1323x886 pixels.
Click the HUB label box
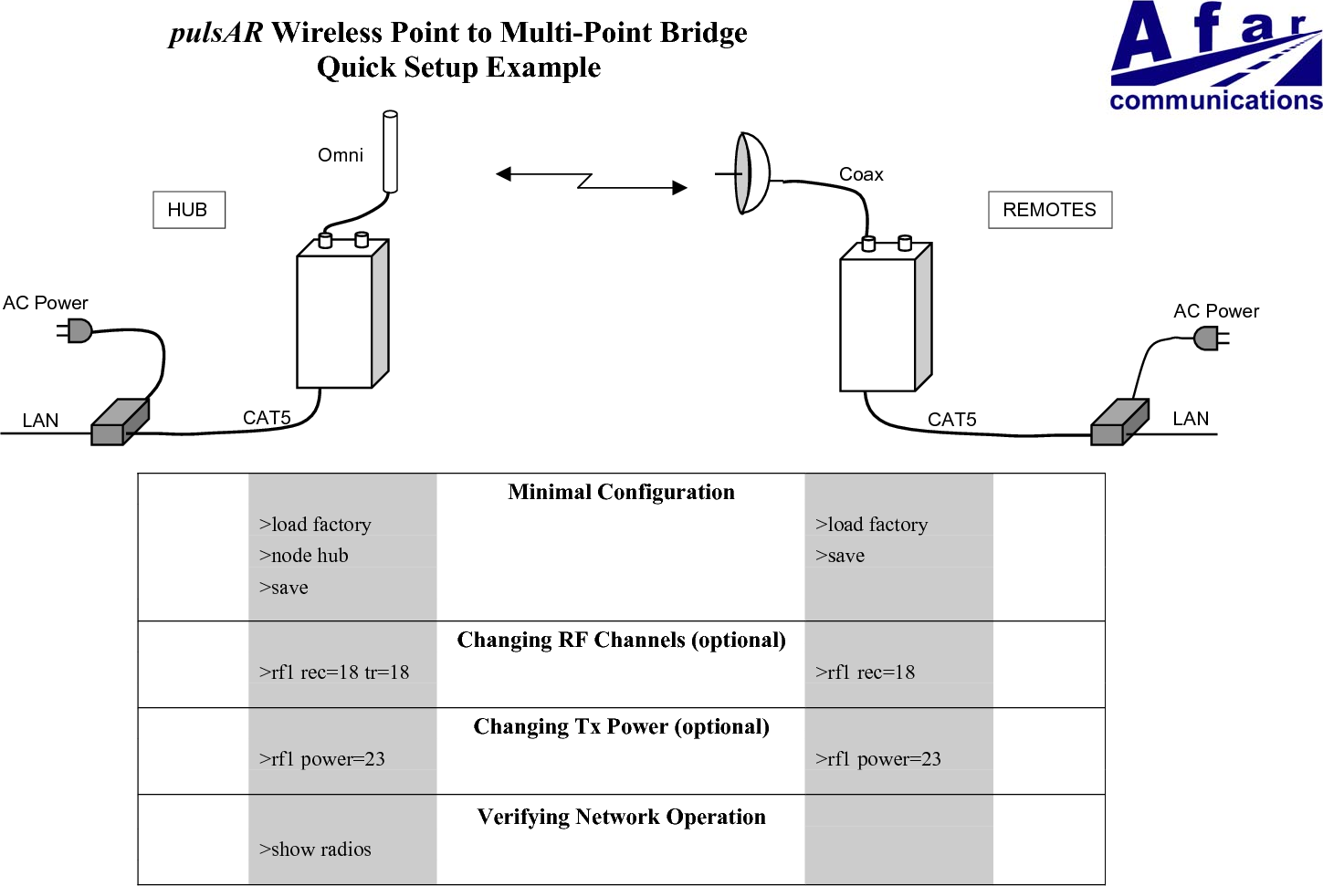188,210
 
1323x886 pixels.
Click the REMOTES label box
1049,210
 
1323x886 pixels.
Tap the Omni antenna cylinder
390,151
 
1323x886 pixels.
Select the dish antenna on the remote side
751,172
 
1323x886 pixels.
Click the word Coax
860,174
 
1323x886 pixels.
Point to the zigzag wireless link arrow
591,181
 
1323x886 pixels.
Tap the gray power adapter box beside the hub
119,422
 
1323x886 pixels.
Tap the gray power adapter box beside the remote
1118,422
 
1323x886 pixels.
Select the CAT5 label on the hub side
267,418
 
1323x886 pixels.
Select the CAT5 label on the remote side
951,420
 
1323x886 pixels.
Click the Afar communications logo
1215,57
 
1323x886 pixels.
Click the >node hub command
303,556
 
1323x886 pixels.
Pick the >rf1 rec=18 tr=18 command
334,672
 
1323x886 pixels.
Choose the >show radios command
315,850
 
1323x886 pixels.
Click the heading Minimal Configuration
621,493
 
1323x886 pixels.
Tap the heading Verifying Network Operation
621,817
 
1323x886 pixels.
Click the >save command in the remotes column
840,556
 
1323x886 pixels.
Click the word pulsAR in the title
215,33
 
